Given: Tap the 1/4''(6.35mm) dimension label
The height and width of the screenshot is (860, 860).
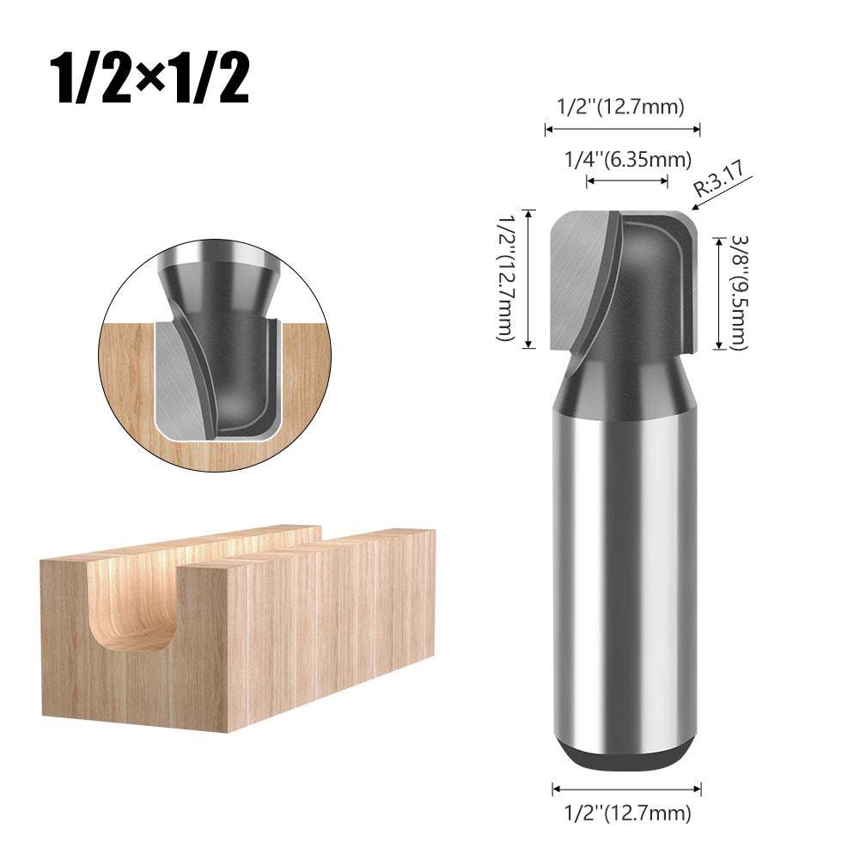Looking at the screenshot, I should coord(627,159).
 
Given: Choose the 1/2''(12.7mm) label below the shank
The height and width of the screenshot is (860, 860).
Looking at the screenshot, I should coord(626,812).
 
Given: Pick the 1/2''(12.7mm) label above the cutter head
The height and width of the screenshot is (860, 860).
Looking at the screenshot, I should coord(621,108).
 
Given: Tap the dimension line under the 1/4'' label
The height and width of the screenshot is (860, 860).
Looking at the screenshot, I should coord(627,180).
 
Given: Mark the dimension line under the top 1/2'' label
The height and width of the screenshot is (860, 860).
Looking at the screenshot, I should coord(622,130).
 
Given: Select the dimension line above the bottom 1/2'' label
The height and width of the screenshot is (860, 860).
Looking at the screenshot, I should coord(626,788).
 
